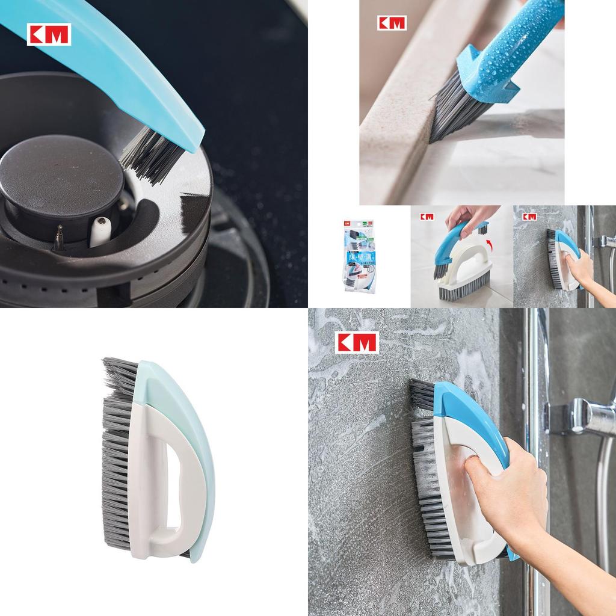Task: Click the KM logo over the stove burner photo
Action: coord(49,34)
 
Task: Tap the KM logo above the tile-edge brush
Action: coord(392,23)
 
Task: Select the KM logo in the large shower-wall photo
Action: coord(357,342)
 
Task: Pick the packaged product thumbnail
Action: coord(359,256)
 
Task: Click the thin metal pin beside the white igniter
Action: coord(59,237)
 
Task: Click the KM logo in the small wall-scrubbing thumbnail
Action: coord(529,217)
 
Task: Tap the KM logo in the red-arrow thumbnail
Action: coord(427,217)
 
